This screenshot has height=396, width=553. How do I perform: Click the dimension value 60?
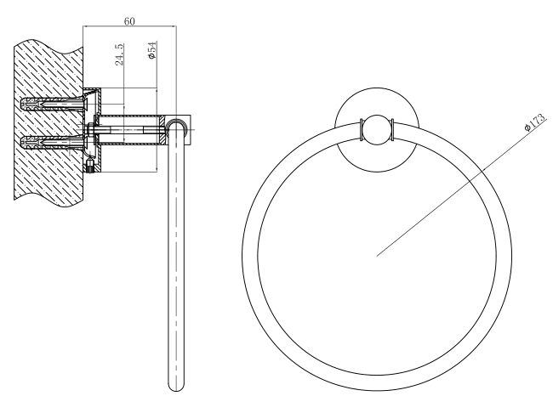click(130, 20)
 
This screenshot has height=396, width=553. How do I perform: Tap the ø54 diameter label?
click(151, 49)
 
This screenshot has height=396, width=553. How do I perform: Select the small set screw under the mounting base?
click(88, 167)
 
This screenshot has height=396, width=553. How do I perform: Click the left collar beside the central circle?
click(363, 129)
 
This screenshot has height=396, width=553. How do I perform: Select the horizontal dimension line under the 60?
click(130, 27)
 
